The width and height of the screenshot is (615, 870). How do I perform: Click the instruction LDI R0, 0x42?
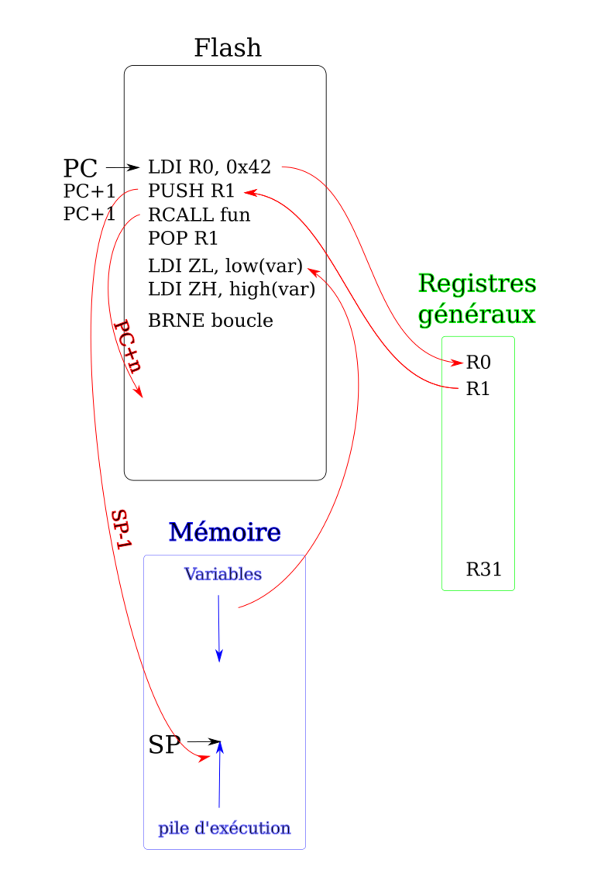pyautogui.click(x=209, y=167)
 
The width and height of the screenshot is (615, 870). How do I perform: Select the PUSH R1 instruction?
pyautogui.click(x=191, y=190)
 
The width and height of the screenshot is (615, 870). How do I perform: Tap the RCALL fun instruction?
pyautogui.click(x=199, y=214)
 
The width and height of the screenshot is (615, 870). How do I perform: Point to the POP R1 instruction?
pyautogui.click(x=183, y=238)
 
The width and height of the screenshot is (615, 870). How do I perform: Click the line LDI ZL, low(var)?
pyautogui.click(x=225, y=266)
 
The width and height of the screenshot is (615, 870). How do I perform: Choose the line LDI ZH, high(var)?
pyautogui.click(x=231, y=289)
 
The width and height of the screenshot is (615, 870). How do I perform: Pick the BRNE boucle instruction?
pyautogui.click(x=210, y=320)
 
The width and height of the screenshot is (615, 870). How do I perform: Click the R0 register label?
pyautogui.click(x=478, y=363)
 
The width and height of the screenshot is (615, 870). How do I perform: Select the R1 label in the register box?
pyautogui.click(x=478, y=389)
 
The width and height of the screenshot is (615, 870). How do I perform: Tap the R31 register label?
pyautogui.click(x=484, y=569)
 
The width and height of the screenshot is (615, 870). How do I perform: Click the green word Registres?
pyautogui.click(x=477, y=283)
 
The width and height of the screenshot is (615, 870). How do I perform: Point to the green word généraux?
pyautogui.click(x=477, y=315)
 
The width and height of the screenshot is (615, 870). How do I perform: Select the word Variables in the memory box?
pyautogui.click(x=223, y=574)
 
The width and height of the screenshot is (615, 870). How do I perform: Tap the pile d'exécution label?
pyautogui.click(x=224, y=828)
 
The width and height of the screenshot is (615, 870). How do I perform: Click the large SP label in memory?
pyautogui.click(x=164, y=745)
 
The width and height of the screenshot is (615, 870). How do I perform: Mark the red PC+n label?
pyautogui.click(x=127, y=346)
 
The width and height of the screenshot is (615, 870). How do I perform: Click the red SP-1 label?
pyautogui.click(x=122, y=529)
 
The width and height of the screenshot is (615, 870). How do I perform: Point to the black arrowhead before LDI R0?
pyautogui.click(x=133, y=167)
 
